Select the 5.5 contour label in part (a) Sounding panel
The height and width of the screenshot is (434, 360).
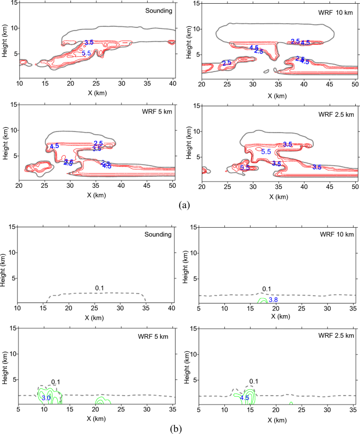[87, 53]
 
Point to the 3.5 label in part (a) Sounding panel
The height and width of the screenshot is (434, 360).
[89, 42]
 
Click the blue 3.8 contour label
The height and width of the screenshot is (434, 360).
[273, 300]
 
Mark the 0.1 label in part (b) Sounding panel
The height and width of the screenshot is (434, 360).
[99, 288]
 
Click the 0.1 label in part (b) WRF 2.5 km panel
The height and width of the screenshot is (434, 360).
[254, 381]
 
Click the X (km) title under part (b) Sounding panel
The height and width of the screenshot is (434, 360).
[97, 317]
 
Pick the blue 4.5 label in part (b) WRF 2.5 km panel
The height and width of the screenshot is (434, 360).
[244, 398]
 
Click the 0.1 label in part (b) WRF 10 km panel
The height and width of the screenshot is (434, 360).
[266, 289]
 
